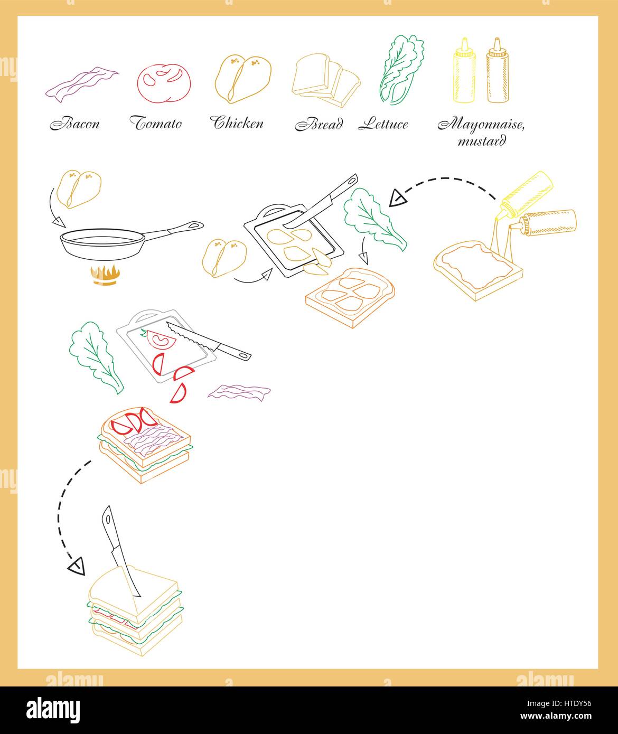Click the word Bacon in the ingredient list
(74, 124)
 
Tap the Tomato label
(156, 124)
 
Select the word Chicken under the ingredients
(238, 124)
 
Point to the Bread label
(319, 125)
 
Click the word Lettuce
(383, 125)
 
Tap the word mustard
(482, 141)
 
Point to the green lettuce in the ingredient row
(400, 69)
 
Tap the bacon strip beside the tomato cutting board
(239, 392)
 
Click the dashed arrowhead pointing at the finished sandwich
(77, 566)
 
